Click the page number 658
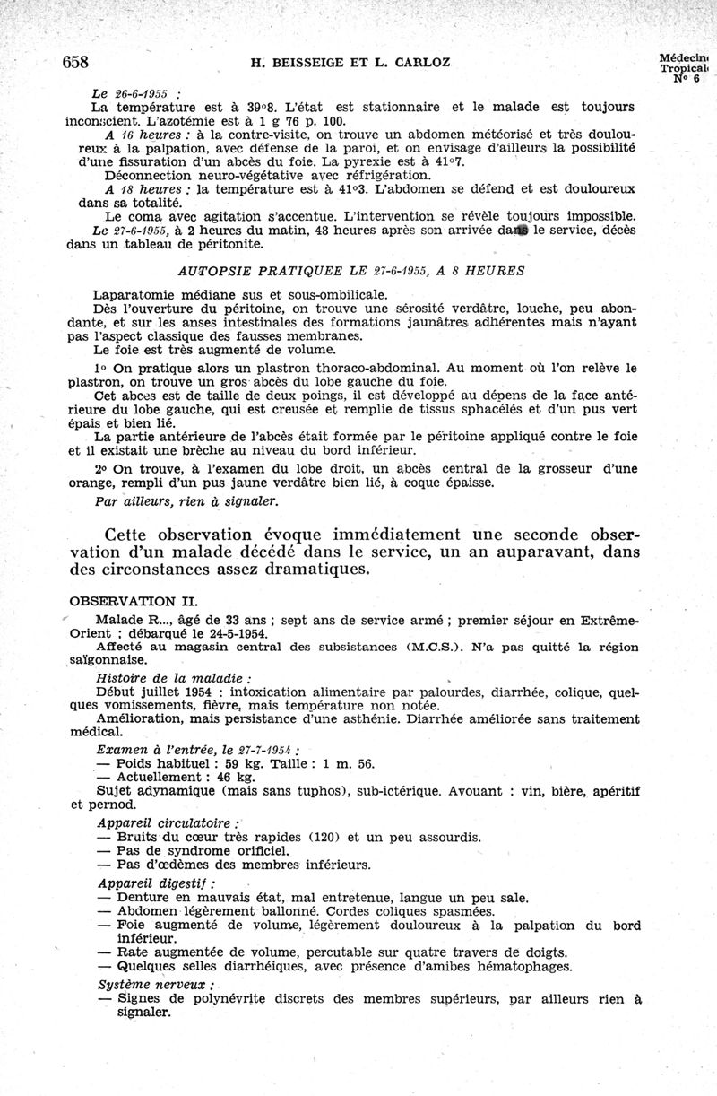coord(76,61)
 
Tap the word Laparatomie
coord(142,294)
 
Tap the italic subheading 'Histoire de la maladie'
coord(160,679)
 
